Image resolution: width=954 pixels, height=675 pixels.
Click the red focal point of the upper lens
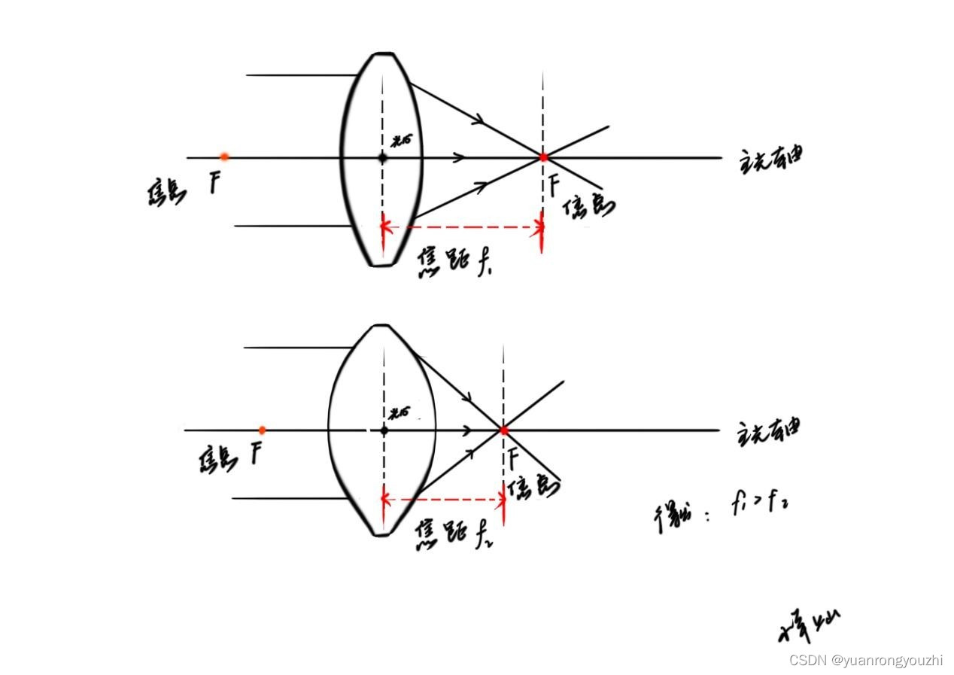point(543,157)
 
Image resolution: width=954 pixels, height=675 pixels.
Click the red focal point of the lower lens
point(503,430)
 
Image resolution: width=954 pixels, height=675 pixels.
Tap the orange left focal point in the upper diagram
point(224,157)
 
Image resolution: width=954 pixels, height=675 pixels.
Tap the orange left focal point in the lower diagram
point(262,430)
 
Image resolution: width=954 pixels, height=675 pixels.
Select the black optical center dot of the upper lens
point(382,157)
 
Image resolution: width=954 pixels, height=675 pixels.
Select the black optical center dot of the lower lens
point(384,430)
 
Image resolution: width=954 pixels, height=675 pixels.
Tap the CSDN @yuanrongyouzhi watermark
point(865,660)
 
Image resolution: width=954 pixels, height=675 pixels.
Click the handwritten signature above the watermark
point(809,625)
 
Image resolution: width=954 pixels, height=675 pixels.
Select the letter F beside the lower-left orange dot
point(257,454)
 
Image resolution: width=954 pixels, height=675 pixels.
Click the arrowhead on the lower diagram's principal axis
point(468,430)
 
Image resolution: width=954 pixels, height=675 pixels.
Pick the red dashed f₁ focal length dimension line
point(463,227)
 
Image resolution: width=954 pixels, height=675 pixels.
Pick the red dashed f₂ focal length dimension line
point(443,499)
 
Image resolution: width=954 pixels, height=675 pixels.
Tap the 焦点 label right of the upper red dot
point(589,207)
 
